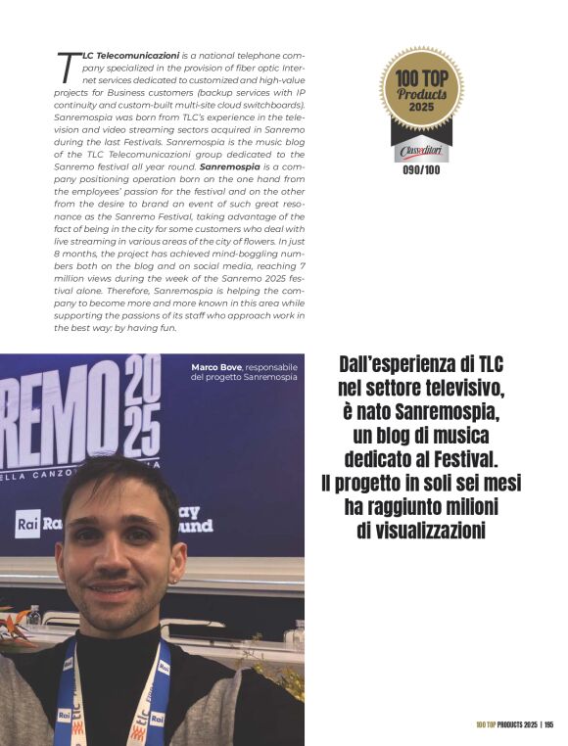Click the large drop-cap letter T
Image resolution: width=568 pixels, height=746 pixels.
point(67,66)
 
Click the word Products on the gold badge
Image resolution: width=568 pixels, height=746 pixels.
point(421,92)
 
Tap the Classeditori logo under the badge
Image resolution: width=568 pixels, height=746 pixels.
point(421,152)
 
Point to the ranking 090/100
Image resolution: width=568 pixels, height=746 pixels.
point(421,168)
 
